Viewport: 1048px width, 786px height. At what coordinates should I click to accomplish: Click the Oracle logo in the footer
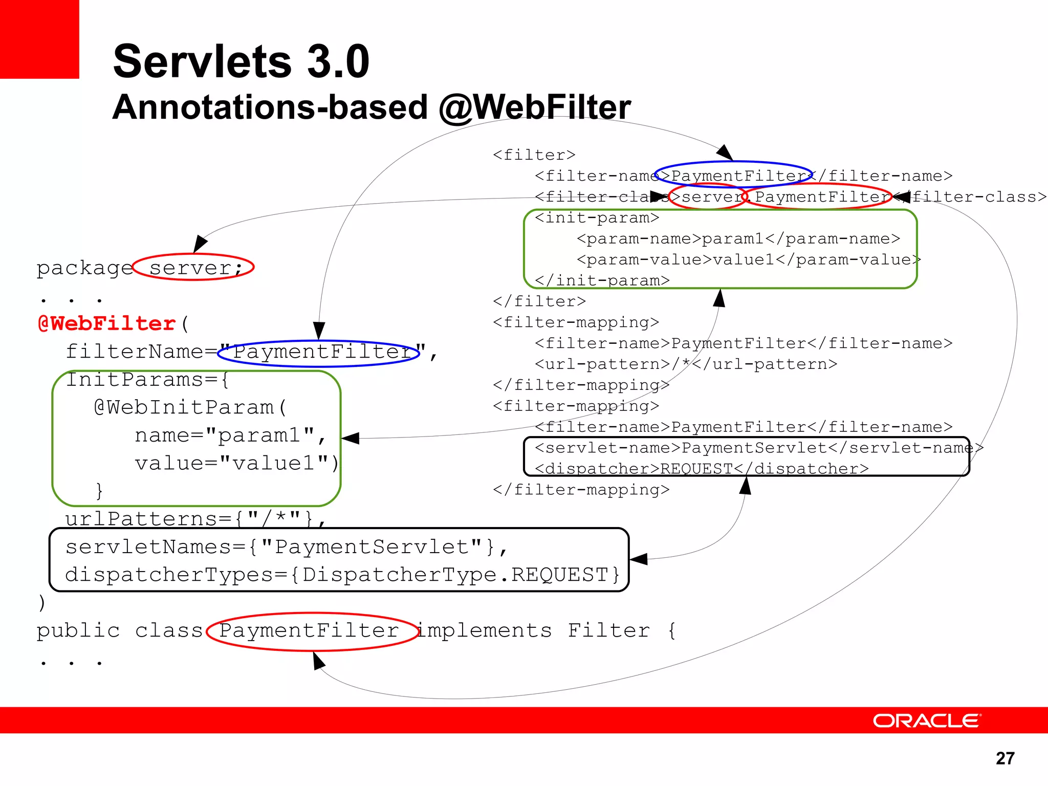[926, 720]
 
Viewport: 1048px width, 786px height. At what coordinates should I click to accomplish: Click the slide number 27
[1005, 758]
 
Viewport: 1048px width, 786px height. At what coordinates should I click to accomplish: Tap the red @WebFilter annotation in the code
[107, 323]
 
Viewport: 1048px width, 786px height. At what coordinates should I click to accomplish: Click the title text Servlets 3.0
[241, 61]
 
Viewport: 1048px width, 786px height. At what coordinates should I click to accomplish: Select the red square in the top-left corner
[39, 39]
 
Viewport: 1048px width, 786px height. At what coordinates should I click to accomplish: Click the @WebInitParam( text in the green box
[190, 407]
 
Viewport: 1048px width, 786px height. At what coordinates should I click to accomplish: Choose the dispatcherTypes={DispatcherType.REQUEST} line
[342, 575]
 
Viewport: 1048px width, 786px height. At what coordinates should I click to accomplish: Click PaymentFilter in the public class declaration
[309, 630]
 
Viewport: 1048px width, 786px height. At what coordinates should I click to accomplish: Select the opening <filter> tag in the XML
[534, 155]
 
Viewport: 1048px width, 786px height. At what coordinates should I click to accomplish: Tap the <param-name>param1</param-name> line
[738, 239]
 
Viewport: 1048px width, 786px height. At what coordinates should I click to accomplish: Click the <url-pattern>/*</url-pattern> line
[686, 364]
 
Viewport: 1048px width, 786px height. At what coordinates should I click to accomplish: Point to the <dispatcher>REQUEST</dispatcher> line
[701, 469]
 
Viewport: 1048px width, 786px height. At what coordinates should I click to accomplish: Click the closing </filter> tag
[539, 301]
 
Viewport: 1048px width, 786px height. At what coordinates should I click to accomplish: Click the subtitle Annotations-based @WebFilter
[372, 107]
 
